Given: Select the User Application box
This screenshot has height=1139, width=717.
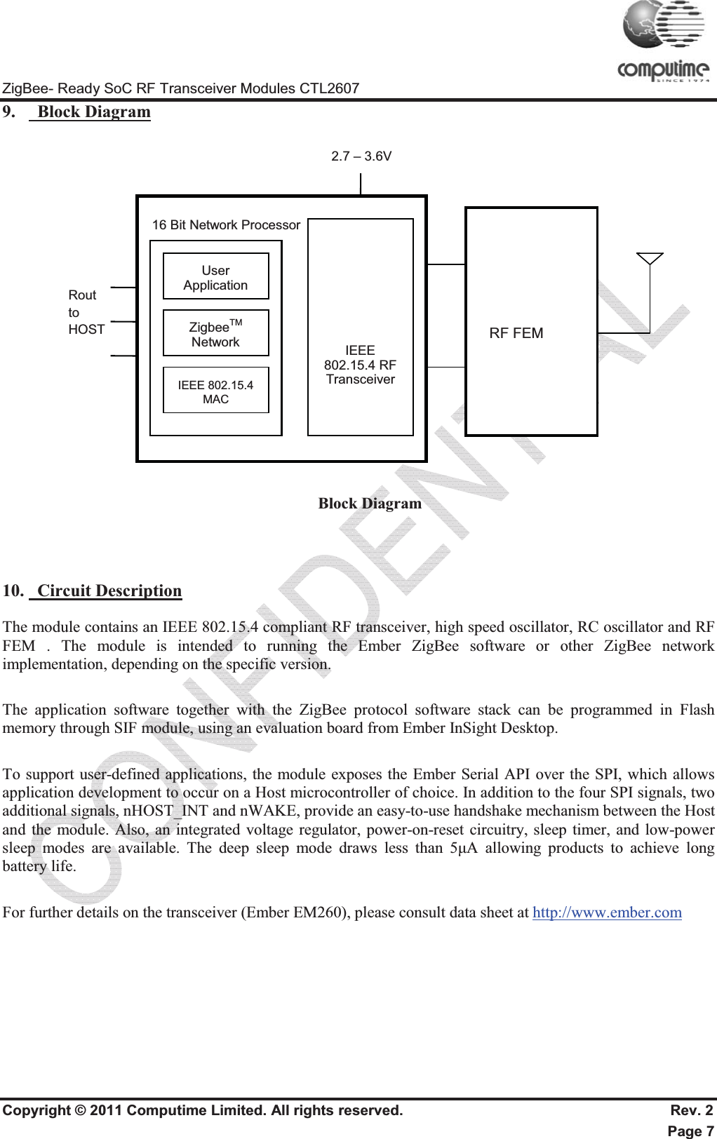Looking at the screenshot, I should [215, 277].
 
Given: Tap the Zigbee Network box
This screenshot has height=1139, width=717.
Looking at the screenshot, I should [215, 333].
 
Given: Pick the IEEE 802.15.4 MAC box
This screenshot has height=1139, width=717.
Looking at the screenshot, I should [215, 391].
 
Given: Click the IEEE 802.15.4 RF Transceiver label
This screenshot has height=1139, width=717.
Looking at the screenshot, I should [360, 365].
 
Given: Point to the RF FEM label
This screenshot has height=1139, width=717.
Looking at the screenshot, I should [516, 333].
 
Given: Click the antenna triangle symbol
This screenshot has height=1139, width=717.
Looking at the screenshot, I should [650, 259].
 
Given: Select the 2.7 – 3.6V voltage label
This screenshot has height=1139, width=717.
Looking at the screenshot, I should [361, 156].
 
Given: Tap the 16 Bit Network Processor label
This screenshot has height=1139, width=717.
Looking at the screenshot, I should [226, 225].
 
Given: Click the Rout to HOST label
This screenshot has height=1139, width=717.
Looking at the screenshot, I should [86, 312].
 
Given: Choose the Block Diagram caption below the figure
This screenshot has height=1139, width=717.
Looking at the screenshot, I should [370, 504].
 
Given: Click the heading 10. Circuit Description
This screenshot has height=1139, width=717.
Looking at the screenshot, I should [93, 591].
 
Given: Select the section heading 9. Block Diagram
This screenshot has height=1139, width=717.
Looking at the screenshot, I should [77, 112].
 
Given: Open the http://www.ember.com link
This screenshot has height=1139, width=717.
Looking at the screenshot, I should [607, 912].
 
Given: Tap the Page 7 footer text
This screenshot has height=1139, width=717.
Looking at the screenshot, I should [690, 1131].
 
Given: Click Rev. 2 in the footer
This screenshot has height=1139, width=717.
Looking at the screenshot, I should [692, 1110].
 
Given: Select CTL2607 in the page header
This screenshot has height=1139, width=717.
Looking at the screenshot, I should [329, 88].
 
